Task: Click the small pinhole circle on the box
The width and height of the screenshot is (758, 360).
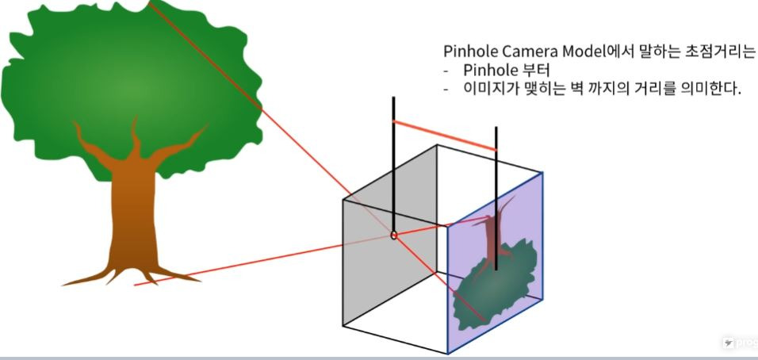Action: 393,235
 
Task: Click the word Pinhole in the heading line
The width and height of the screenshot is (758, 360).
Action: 469,52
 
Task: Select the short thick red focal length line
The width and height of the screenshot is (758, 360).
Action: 444,135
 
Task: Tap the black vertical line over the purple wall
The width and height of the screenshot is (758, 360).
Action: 496,198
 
